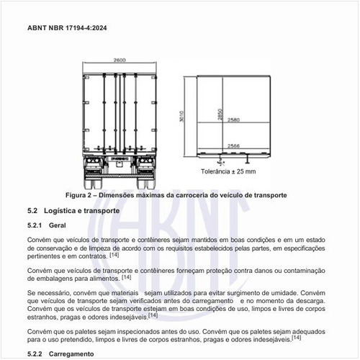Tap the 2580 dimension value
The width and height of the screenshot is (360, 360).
coord(234,120)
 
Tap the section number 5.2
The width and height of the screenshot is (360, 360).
coord(32,211)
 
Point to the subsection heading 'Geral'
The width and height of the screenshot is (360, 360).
coord(58,225)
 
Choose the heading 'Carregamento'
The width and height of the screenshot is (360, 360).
coord(71,354)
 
